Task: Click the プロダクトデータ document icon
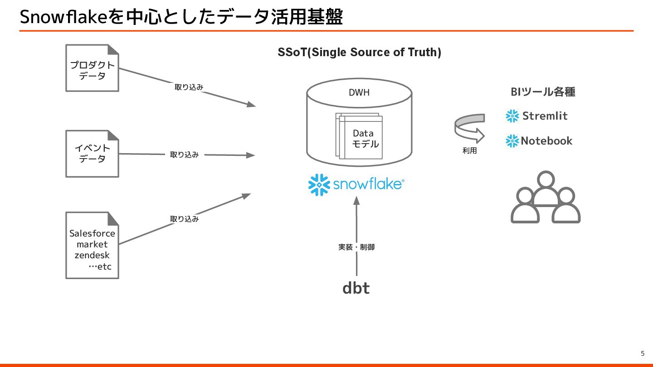coord(92,68)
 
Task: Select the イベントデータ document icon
coord(92,154)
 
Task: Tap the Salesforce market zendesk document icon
coord(92,245)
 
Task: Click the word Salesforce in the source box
coord(92,233)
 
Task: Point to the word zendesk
coord(92,255)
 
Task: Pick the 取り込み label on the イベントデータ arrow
coord(184,155)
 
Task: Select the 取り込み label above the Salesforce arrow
coord(184,219)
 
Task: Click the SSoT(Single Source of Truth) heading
coord(359,53)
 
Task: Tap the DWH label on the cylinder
coord(359,92)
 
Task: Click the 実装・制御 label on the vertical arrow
coord(356,247)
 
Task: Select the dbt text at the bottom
coord(356,288)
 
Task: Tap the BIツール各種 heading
coord(543,92)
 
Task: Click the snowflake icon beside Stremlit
coord(512,116)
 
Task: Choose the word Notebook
coord(546,141)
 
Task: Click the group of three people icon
coord(546,198)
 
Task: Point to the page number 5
coord(642,353)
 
